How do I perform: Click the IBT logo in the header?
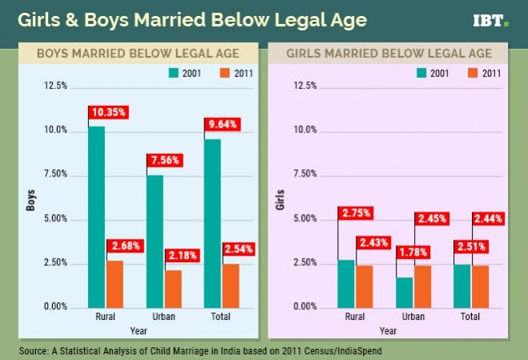[491, 21]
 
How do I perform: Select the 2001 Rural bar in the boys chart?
[97, 216]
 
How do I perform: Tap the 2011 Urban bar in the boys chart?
[174, 288]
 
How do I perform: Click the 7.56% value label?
[166, 160]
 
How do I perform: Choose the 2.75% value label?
[355, 213]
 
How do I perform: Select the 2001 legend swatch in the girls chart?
[421, 73]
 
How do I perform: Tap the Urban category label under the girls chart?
[413, 317]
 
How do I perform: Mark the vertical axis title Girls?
[280, 198]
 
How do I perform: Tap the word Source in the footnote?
[35, 350]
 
